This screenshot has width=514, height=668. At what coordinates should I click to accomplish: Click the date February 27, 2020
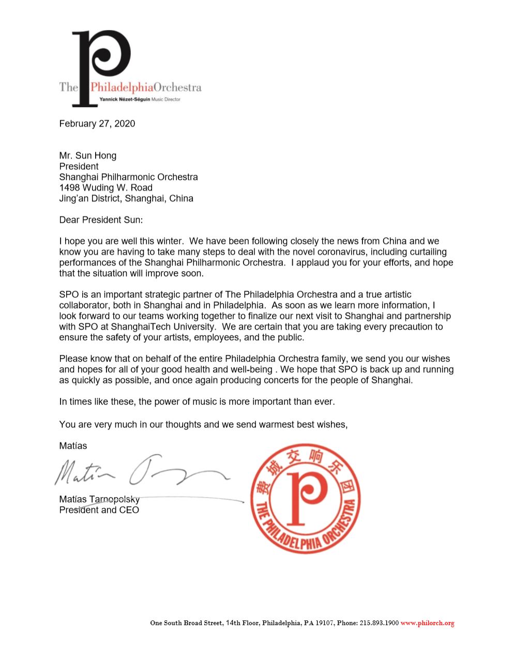click(x=97, y=124)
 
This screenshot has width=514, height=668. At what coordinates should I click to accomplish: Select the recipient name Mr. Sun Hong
click(x=87, y=155)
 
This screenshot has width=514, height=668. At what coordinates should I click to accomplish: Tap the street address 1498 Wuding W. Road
click(x=105, y=187)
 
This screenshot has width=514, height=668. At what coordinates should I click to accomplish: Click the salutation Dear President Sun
click(x=101, y=219)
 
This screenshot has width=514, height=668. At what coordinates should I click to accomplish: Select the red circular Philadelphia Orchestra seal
click(x=305, y=498)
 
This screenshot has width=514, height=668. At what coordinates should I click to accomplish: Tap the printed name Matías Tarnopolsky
click(x=99, y=499)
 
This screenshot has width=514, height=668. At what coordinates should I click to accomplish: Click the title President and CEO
click(x=99, y=510)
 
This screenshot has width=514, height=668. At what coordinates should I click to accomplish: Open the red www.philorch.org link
click(x=427, y=623)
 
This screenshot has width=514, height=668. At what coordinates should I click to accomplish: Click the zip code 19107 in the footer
click(x=325, y=623)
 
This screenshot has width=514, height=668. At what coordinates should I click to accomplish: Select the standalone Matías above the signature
click(x=73, y=446)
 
